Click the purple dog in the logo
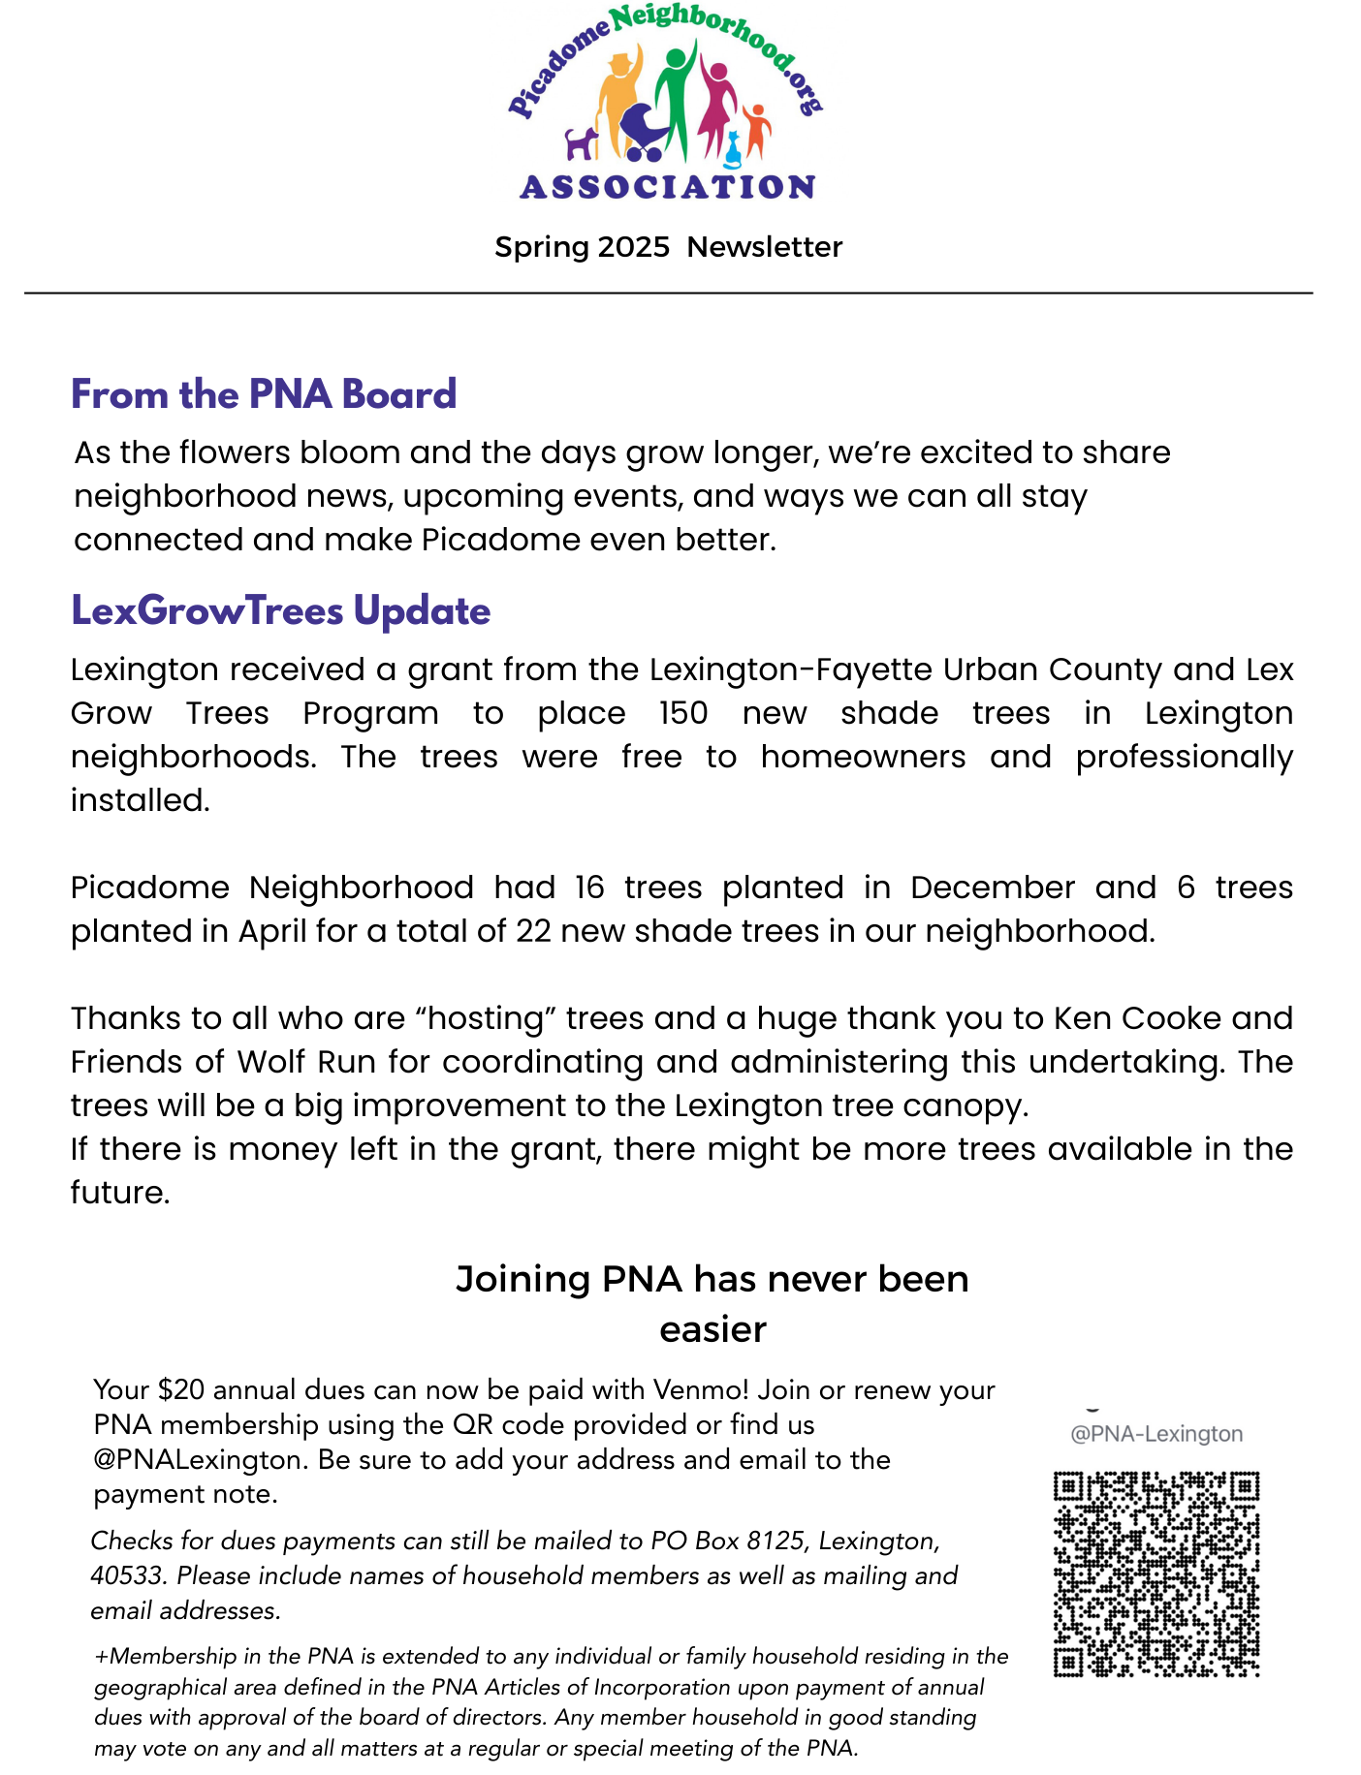point(582,144)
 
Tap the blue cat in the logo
point(734,148)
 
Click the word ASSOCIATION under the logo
point(667,187)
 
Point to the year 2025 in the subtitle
point(633,247)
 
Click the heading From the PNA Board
point(264,394)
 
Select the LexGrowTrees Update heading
point(281,611)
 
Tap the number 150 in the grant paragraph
point(683,713)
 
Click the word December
point(993,887)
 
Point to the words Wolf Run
point(306,1062)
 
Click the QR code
point(1155,1574)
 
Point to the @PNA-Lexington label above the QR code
point(1155,1434)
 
